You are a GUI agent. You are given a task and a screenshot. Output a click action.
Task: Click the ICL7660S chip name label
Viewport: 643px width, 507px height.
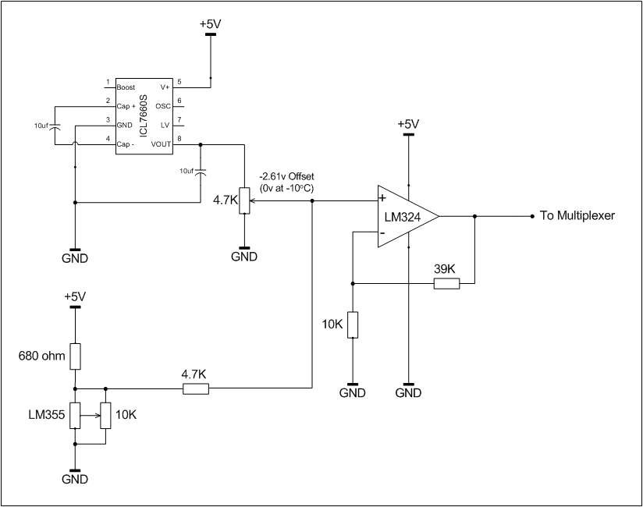144,116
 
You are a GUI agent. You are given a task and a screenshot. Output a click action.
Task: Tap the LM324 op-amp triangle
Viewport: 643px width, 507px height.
408,216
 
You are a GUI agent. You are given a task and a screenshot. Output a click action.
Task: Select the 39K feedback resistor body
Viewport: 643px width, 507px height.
446,283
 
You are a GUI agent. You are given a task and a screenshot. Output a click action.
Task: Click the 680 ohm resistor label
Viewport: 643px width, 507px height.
42,356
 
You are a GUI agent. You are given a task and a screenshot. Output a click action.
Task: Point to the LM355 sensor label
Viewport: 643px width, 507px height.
46,415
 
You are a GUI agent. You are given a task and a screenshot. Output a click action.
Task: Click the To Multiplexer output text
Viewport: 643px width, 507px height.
577,215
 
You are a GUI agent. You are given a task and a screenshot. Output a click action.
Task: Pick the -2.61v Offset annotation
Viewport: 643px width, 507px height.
286,176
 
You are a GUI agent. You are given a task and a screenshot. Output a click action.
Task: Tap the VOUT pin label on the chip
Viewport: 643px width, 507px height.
161,144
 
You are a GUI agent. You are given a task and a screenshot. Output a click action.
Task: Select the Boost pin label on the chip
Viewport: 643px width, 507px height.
126,87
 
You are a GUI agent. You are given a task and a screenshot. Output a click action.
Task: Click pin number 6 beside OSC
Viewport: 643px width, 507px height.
179,101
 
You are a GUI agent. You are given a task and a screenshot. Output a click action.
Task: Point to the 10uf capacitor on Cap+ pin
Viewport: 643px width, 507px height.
55,126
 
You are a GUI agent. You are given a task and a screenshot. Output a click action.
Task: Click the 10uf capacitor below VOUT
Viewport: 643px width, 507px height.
201,172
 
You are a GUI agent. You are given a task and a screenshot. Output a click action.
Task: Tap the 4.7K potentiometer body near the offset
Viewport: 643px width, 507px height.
244,200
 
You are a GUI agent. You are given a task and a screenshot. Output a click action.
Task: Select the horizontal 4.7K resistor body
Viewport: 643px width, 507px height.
196,388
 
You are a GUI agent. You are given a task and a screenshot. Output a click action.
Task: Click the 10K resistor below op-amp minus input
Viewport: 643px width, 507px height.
353,325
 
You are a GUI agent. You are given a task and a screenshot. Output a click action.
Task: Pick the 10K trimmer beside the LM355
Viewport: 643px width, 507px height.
106,416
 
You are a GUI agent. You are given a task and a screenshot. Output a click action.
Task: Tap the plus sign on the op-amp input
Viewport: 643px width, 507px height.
382,198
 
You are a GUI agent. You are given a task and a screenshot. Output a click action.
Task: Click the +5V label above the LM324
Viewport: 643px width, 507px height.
408,124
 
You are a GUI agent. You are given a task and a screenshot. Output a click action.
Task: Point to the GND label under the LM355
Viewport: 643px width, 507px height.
75,479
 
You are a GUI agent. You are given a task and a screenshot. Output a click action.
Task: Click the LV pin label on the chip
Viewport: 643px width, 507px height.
165,125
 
